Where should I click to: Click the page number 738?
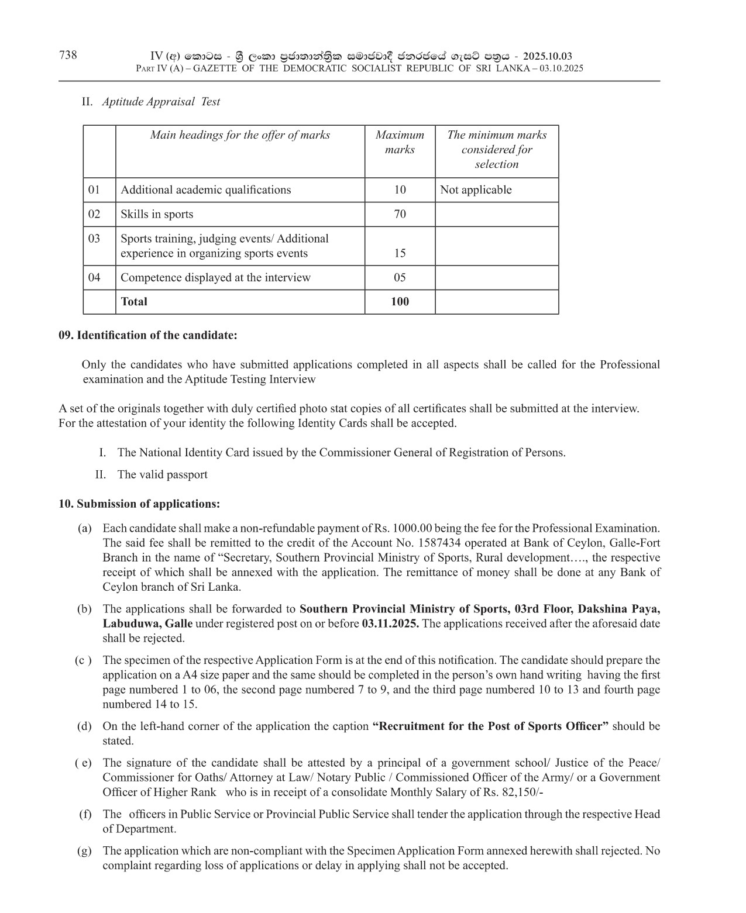point(68,55)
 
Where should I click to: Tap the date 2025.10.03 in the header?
point(548,57)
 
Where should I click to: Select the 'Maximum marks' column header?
point(400,142)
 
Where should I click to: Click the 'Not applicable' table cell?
point(476,190)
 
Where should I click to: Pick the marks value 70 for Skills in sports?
point(400,214)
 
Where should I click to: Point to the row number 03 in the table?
point(94,239)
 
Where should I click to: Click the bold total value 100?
point(400,302)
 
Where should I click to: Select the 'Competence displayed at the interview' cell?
point(215,278)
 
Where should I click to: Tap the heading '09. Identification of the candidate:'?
point(148,335)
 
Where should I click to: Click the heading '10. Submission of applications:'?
point(139,504)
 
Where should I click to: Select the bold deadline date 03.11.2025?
point(390,623)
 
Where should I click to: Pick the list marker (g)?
point(85,850)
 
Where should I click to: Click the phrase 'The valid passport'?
point(162,474)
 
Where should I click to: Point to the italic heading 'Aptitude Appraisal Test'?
point(161,102)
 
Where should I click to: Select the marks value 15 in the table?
point(400,253)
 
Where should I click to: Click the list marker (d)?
point(85,726)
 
